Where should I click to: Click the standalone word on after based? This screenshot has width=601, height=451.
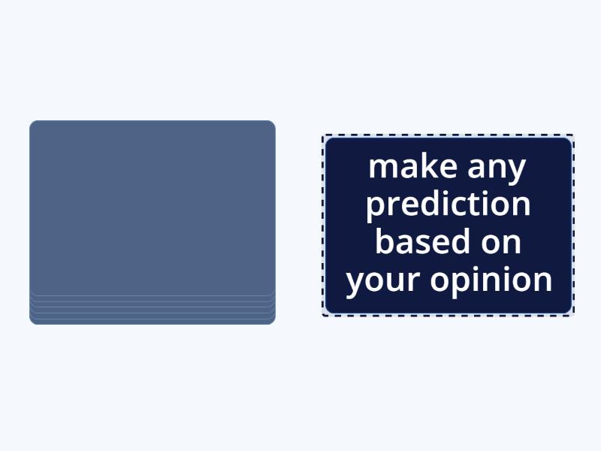(502, 243)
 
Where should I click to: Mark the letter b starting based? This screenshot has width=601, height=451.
(384, 242)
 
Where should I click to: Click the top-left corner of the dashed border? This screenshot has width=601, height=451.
(323, 135)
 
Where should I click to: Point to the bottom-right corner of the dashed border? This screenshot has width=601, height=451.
(574, 315)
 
